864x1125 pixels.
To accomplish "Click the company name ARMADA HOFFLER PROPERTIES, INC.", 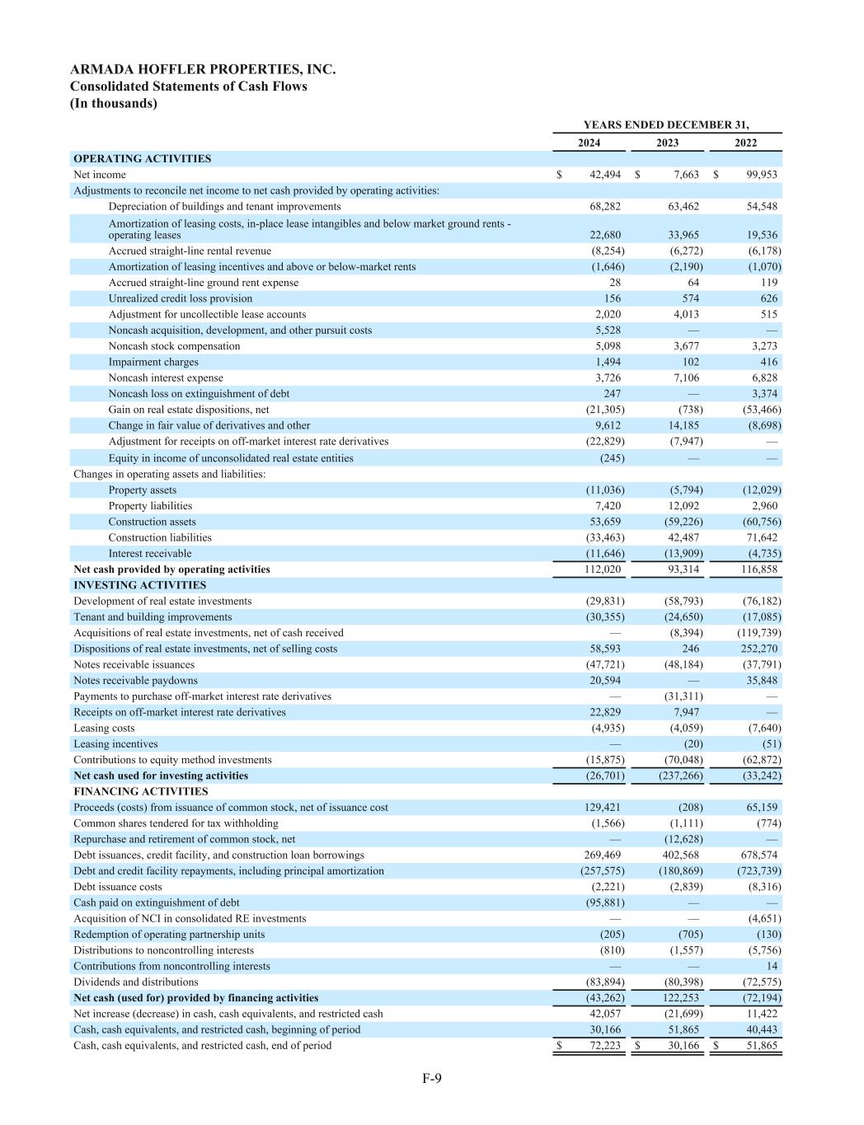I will point(203,70).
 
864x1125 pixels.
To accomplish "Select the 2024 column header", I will point(589,143).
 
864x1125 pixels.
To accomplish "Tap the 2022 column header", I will point(745,143).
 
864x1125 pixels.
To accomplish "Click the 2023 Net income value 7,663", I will point(685,175).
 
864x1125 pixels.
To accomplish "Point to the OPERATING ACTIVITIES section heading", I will point(142,158).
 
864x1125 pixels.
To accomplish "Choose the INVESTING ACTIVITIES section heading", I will point(139,585).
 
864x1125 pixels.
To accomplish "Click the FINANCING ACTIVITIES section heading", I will point(140,791).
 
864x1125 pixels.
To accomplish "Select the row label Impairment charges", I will point(153,362).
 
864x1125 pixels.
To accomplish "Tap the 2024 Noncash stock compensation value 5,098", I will point(608,346).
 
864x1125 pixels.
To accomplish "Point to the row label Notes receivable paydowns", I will point(135,681).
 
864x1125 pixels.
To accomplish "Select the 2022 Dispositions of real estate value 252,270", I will point(758,649).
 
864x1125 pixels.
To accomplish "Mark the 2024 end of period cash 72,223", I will point(603,1045).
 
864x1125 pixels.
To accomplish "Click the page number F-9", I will point(432,1078).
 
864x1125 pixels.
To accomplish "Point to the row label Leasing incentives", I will point(115,743).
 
